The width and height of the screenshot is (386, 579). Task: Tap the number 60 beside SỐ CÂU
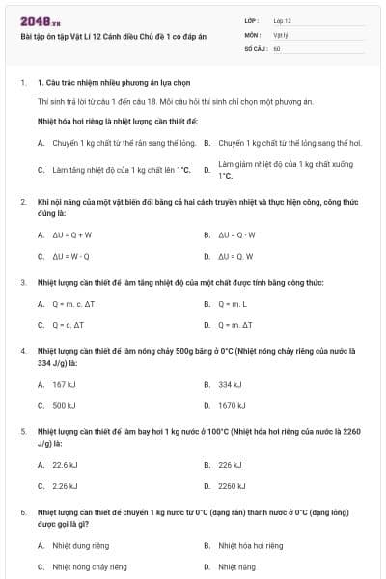point(277,47)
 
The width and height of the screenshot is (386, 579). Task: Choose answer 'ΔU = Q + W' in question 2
point(72,234)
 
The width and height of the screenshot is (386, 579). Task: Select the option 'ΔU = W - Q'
point(71,257)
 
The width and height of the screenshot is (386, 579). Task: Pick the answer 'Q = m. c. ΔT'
point(76,304)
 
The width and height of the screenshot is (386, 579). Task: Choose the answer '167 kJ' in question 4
point(65,384)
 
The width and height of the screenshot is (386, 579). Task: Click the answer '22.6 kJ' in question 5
point(66,465)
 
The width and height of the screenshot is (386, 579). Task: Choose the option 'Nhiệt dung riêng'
point(81,545)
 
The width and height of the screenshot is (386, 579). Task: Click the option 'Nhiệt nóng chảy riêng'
point(89,567)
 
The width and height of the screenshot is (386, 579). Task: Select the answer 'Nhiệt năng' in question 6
point(236,567)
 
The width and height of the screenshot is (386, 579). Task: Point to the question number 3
point(23,283)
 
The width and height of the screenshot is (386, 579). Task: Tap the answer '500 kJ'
point(65,406)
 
